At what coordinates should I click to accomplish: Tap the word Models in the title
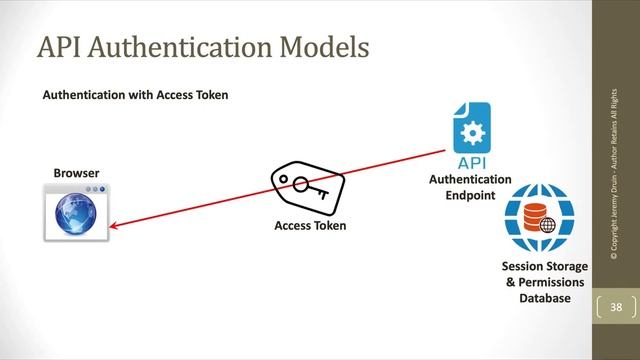(x=318, y=46)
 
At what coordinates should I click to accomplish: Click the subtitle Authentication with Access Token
(x=135, y=96)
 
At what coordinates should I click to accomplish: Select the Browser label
(x=76, y=173)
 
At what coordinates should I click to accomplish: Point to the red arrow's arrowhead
(x=113, y=226)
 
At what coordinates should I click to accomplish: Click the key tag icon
(x=308, y=189)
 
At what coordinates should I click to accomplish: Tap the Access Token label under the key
(x=310, y=226)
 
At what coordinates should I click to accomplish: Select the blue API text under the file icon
(x=470, y=163)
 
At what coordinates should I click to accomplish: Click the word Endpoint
(x=470, y=194)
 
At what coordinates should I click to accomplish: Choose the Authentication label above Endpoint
(x=470, y=179)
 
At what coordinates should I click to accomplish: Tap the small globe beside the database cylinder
(x=546, y=225)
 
